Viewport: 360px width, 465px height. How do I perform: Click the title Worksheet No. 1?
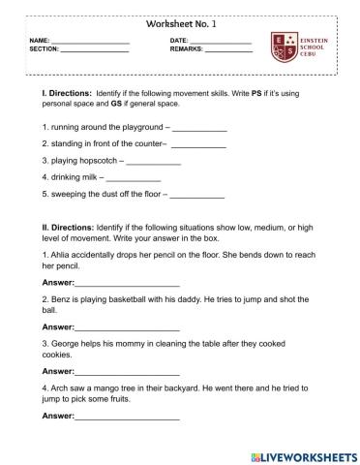(x=179, y=22)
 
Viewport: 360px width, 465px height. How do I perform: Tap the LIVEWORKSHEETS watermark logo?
(x=302, y=454)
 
